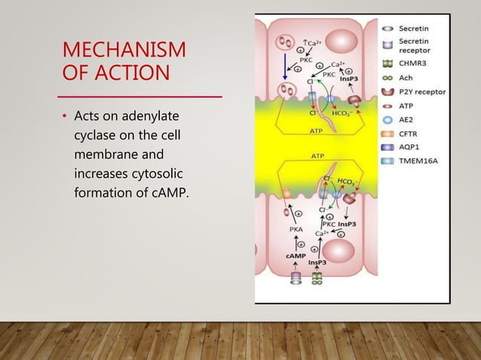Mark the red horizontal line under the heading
point(141,97)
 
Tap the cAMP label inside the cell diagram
point(295,257)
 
